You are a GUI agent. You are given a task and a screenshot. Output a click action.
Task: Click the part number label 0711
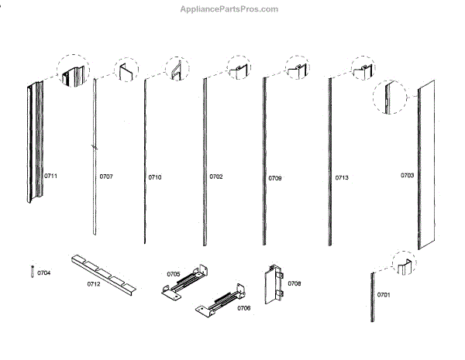click(50, 177)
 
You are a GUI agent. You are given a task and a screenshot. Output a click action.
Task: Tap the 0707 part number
click(106, 177)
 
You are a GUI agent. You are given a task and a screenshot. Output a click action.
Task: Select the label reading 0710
click(155, 177)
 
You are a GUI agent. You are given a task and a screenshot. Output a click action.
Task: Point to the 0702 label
click(216, 177)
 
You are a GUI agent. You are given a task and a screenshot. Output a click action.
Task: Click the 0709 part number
click(275, 178)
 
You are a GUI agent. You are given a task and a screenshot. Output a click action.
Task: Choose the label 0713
click(342, 178)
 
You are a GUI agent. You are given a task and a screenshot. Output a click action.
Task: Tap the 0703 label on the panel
click(407, 176)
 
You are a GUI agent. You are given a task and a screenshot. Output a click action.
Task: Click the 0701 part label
click(384, 295)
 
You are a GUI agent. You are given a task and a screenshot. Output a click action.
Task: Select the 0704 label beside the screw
click(44, 273)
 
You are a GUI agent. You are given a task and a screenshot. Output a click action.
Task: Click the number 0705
click(174, 273)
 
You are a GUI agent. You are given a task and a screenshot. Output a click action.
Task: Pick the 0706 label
click(243, 308)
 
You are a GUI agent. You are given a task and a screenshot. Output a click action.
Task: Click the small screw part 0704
click(31, 273)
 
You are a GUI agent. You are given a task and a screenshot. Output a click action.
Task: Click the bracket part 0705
click(187, 283)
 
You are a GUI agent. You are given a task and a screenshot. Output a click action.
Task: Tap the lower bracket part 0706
click(220, 302)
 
